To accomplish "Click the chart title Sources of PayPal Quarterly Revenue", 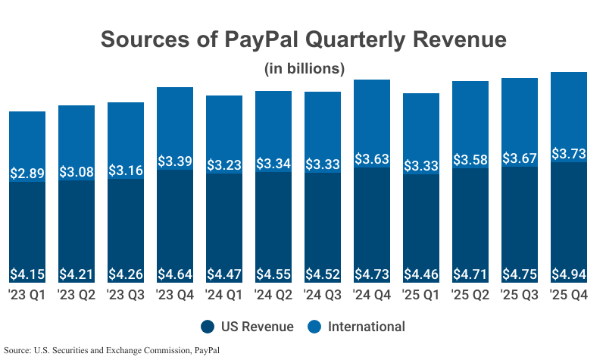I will tap(303, 39).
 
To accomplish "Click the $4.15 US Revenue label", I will tap(27, 274).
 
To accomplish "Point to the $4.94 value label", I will tap(569, 274).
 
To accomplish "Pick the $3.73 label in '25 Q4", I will tap(569, 153).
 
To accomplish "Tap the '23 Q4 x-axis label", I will tap(175, 294).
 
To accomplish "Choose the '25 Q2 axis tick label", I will tap(470, 294).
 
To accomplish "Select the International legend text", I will tap(367, 327).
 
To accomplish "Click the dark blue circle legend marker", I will tap(208, 327).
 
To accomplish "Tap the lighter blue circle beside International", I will tap(314, 327).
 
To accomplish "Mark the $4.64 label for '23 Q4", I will tap(175, 274).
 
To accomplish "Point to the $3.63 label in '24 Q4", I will tap(372, 160).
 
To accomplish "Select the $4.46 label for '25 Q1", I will tap(421, 274).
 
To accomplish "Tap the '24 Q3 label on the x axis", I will tap(323, 294).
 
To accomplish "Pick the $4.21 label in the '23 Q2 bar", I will tap(77, 274).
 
